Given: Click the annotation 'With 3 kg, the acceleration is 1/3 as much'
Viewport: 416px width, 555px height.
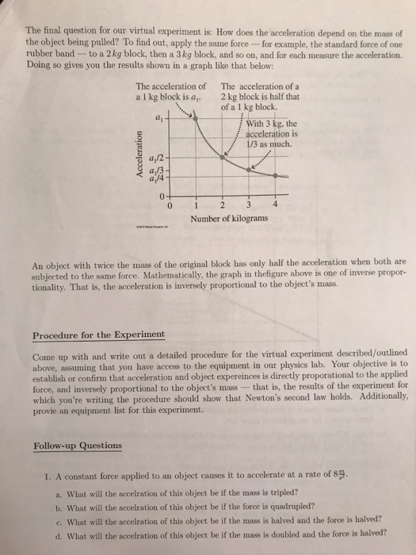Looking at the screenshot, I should tap(269, 134).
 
